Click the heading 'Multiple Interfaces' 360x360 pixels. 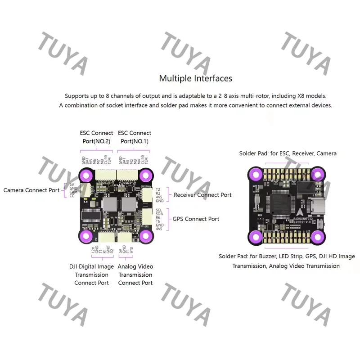click(x=196, y=78)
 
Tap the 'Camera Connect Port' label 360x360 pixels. click(x=31, y=190)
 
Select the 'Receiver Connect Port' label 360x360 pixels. click(x=202, y=195)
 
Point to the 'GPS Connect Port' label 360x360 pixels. click(x=196, y=219)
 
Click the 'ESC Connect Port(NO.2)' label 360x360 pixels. click(x=96, y=137)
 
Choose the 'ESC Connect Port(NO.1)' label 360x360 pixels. click(x=134, y=137)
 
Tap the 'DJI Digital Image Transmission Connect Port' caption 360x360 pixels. click(x=92, y=274)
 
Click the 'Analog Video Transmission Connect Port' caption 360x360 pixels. click(x=135, y=274)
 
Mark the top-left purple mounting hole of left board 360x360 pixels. click(x=85, y=175)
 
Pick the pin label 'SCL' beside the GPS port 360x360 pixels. click(x=159, y=210)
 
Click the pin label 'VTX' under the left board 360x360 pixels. click(x=130, y=250)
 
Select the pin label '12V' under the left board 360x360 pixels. click(x=93, y=250)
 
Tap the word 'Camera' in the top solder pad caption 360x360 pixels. click(x=326, y=153)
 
